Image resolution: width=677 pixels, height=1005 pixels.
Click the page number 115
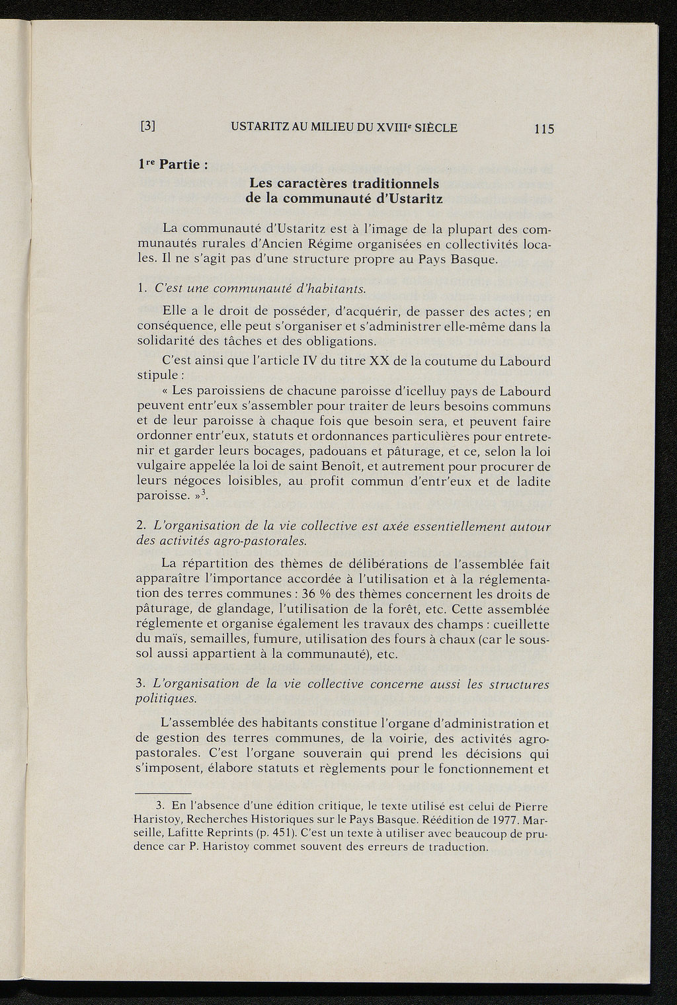tap(545, 129)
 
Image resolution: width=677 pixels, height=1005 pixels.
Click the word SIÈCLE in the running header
tap(434, 128)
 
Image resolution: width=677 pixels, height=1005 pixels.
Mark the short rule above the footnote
tap(163, 792)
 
